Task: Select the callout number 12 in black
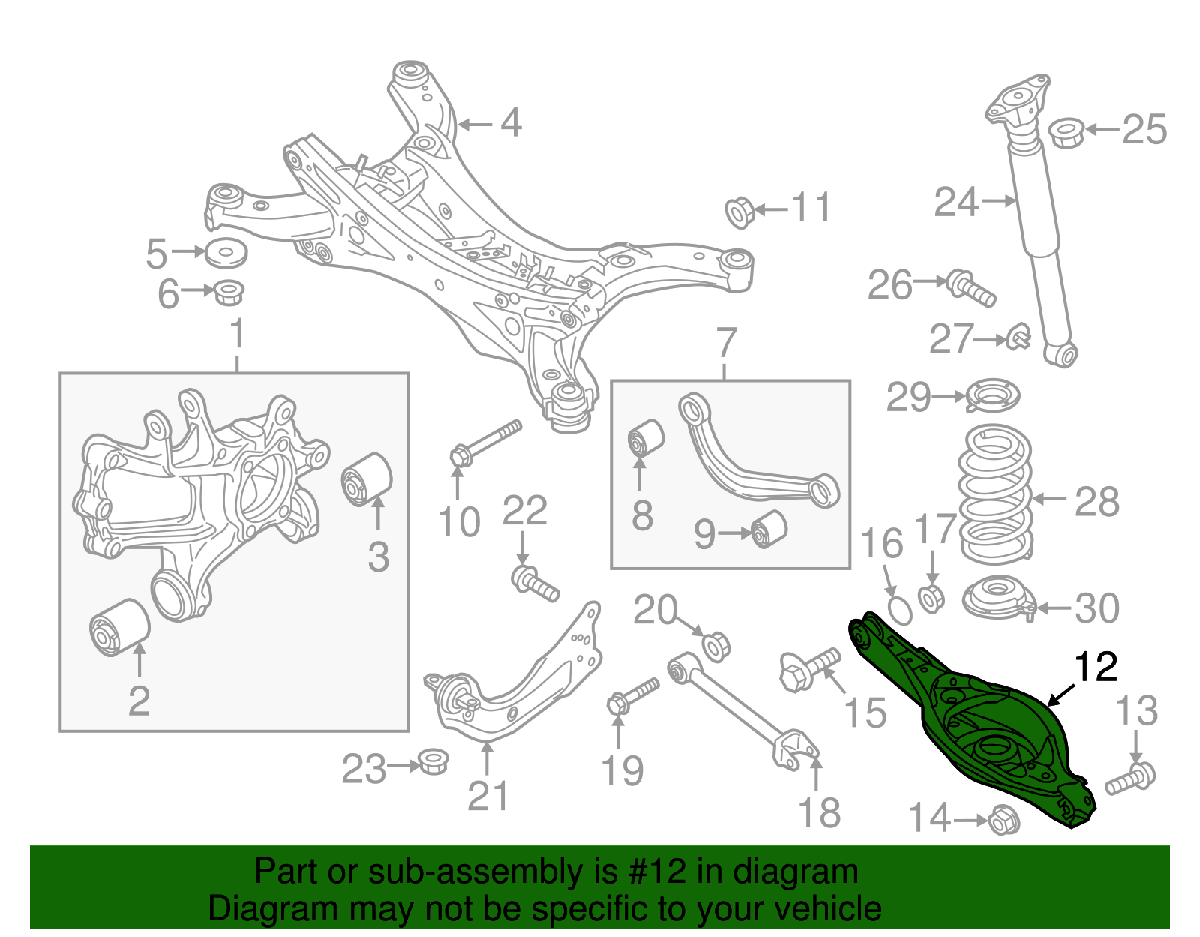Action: pyautogui.click(x=1096, y=667)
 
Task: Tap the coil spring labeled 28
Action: pyautogui.click(x=996, y=495)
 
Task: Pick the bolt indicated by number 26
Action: pyautogui.click(x=971, y=288)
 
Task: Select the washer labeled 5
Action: pyautogui.click(x=226, y=254)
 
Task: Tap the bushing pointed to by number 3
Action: pyautogui.click(x=367, y=479)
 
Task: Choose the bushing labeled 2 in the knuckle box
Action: pyautogui.click(x=120, y=627)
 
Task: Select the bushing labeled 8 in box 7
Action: pyautogui.click(x=645, y=438)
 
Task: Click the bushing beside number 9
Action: pyautogui.click(x=769, y=529)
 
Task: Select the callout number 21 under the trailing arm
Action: pyautogui.click(x=487, y=796)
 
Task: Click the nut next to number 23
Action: pyautogui.click(x=432, y=761)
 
